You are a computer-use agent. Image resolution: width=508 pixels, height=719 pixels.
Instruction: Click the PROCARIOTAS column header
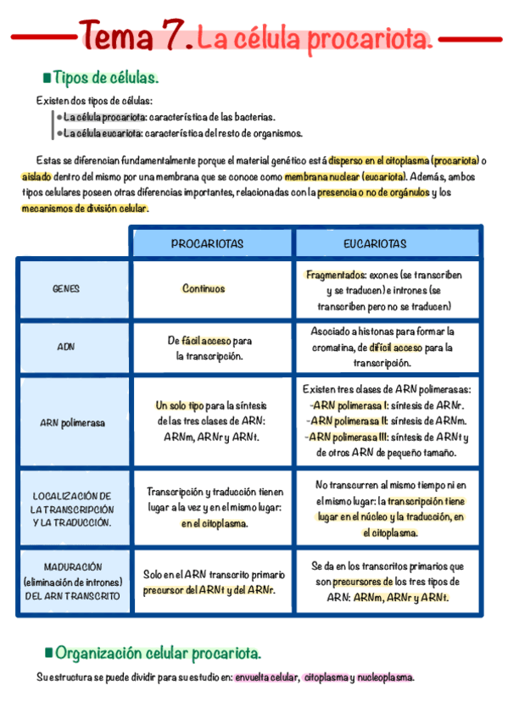click(x=207, y=243)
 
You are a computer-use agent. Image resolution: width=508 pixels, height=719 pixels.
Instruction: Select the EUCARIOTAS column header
click(x=374, y=243)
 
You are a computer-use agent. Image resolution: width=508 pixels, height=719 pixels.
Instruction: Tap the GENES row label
click(x=65, y=289)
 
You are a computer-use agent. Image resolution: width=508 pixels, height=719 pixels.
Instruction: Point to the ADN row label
click(x=65, y=347)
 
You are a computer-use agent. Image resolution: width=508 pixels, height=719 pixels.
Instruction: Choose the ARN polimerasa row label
click(x=73, y=422)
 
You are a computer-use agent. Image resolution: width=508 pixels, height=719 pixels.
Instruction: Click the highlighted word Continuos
click(x=204, y=288)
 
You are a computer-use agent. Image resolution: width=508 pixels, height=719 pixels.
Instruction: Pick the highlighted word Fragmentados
click(x=335, y=276)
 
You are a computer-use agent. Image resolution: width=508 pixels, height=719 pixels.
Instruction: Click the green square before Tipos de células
click(x=46, y=79)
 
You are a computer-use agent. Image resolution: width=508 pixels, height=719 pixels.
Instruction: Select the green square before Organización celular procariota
click(x=48, y=653)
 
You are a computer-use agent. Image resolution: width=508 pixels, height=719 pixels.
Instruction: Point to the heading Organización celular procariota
click(x=158, y=653)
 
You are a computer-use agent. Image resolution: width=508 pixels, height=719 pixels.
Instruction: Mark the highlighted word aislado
click(x=36, y=177)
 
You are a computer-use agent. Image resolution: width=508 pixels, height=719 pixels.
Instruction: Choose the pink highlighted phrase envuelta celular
click(x=266, y=677)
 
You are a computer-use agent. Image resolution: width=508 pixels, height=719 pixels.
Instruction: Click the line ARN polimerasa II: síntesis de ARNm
click(x=388, y=421)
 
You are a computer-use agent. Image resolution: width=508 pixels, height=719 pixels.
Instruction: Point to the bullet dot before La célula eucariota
click(x=59, y=133)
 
